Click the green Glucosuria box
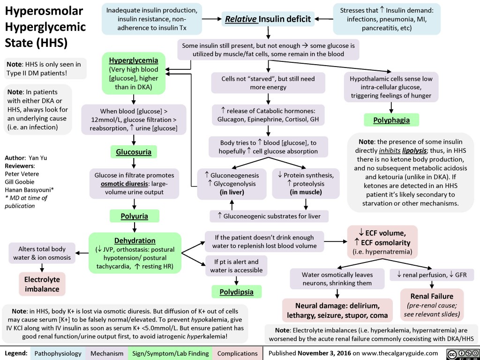pyautogui.click(x=134, y=152)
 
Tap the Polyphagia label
pyautogui.click(x=391, y=120)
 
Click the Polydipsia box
pyautogui.click(x=237, y=292)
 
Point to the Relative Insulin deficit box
pyautogui.click(x=267, y=19)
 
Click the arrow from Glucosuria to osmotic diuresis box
pyautogui.click(x=134, y=163)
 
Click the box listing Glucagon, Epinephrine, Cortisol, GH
pyautogui.click(x=267, y=115)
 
